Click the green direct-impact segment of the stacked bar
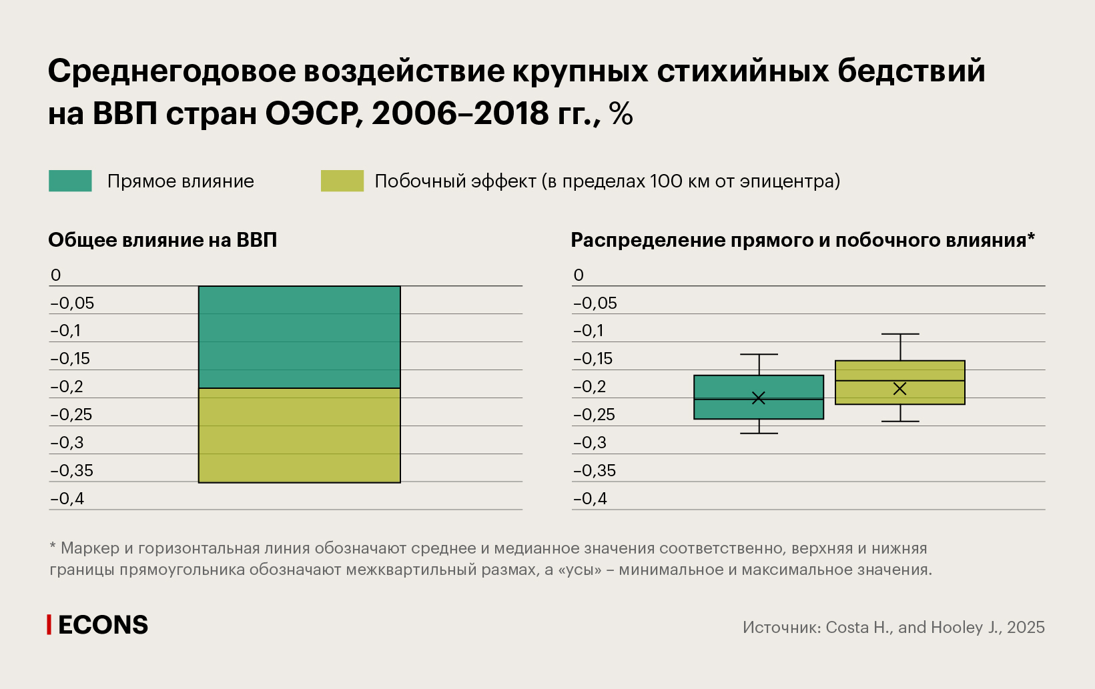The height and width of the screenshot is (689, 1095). (299, 337)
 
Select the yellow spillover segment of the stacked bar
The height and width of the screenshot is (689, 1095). (299, 435)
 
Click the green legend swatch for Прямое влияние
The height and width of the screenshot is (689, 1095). (70, 181)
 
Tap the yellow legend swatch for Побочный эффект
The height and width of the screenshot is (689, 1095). (342, 181)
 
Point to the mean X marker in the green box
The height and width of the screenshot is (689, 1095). (759, 398)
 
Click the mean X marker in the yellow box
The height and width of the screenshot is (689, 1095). (900, 388)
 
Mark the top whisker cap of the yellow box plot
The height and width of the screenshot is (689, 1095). (900, 333)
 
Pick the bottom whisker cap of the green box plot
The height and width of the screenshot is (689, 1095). (759, 434)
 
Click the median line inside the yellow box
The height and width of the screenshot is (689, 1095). (867, 381)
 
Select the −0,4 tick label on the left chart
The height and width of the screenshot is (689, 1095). (67, 498)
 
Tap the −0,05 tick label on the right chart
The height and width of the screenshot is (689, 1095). (595, 303)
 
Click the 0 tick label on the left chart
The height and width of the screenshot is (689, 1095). (55, 275)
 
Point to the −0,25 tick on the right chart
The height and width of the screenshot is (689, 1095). (594, 414)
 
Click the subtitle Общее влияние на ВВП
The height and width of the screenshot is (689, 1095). (162, 240)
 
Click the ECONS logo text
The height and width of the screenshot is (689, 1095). (103, 625)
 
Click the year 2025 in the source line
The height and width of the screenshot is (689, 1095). (1026, 627)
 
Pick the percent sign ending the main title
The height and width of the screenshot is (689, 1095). (621, 113)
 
